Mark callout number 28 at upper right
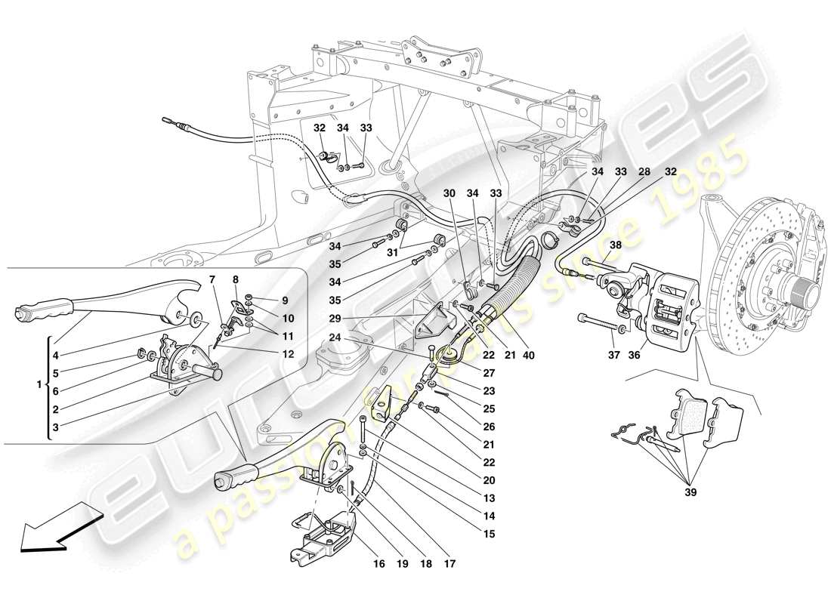(645, 171)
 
